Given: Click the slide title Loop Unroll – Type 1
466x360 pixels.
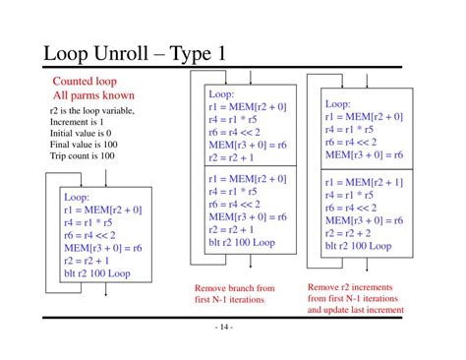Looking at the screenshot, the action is click(135, 53).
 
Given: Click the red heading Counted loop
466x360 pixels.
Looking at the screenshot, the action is click(85, 82).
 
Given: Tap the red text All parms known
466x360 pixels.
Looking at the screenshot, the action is click(93, 95).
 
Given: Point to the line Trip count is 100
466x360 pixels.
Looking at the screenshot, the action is click(83, 155).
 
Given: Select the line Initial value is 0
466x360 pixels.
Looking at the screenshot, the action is click(81, 133).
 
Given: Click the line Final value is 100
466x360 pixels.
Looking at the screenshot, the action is click(84, 145).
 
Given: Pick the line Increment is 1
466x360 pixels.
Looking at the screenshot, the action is click(77, 122).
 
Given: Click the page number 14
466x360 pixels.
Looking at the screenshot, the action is click(224, 327).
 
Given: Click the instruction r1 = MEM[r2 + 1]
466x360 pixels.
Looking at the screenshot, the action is click(364, 182).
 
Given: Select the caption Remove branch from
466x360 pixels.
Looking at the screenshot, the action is click(235, 288).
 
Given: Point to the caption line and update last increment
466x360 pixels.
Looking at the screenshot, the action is click(356, 310).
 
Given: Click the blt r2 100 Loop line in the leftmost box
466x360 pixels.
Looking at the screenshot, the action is click(97, 273).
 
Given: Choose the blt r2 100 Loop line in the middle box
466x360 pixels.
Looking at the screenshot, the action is click(242, 243).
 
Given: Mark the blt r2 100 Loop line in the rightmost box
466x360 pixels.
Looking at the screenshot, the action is click(358, 246).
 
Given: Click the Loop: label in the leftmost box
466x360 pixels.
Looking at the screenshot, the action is click(77, 197).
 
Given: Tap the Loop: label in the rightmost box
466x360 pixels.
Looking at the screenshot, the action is click(337, 104).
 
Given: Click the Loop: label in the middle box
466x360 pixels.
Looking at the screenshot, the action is click(221, 94).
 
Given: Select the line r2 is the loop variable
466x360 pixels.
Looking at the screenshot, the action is click(92, 111).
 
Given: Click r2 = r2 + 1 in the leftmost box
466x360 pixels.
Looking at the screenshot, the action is click(87, 261).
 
